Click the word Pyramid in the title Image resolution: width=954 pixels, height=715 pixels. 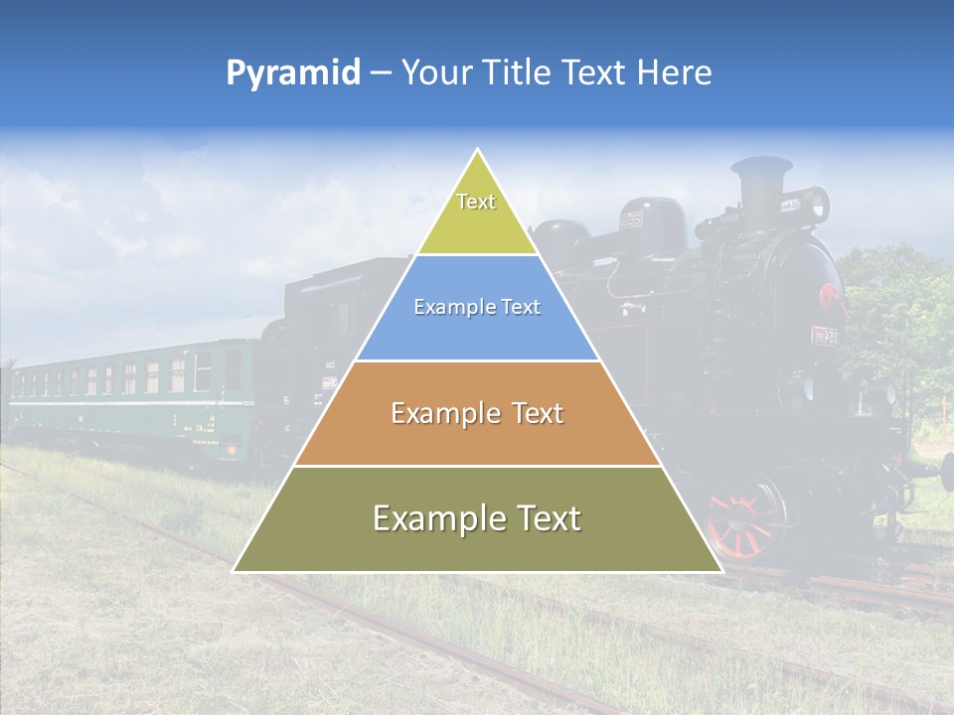click(x=292, y=73)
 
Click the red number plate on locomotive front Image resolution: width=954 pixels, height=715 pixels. click(x=824, y=336)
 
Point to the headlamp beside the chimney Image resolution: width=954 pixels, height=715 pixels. click(x=815, y=204)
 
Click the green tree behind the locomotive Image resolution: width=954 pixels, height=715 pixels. click(x=894, y=308)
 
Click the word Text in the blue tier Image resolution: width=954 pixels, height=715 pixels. click(x=519, y=307)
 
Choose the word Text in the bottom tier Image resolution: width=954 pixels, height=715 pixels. click(x=541, y=517)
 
